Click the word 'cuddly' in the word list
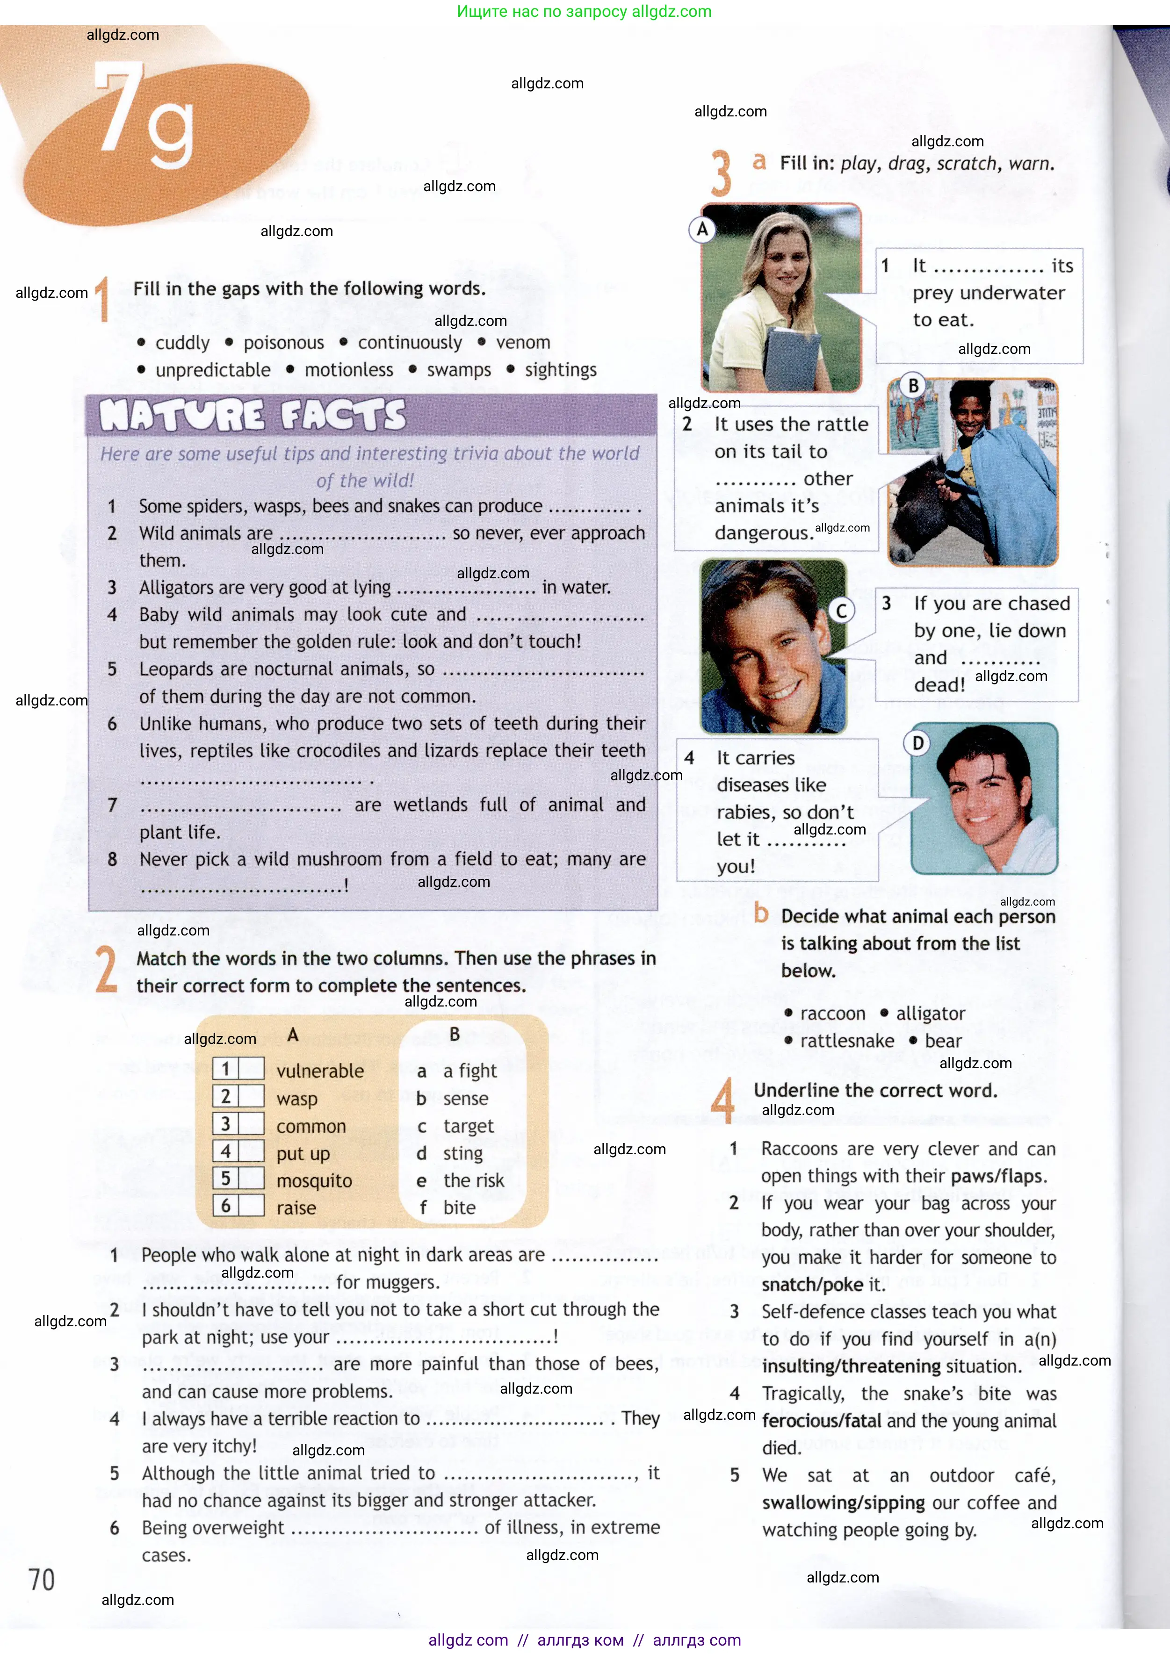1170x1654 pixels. tap(182, 343)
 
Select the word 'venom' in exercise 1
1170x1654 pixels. tap(523, 343)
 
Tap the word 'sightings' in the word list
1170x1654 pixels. tap(561, 370)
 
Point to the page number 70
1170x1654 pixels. tap(42, 1580)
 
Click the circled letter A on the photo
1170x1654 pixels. tap(702, 230)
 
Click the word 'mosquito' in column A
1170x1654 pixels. tap(314, 1181)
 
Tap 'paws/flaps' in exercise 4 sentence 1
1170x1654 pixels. tap(997, 1176)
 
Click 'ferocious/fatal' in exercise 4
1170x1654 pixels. tap(821, 1421)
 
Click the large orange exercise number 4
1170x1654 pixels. tap(722, 1100)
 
